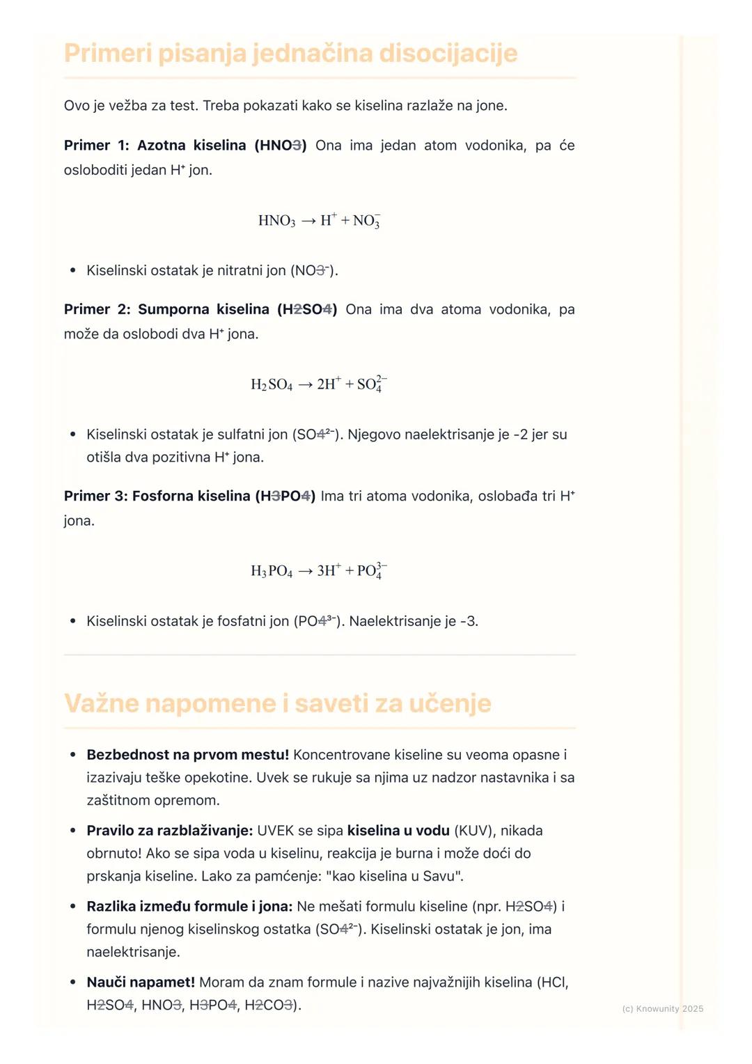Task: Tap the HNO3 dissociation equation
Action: coord(319,221)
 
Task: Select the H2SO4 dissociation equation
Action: coord(319,384)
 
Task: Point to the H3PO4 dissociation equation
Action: coord(319,570)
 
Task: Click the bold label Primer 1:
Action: coord(96,146)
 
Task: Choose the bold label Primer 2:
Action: coord(97,309)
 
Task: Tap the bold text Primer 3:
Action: coord(95,496)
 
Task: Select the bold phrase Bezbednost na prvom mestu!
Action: coord(187,755)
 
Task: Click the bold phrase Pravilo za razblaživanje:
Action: coord(169,831)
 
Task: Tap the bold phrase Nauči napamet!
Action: coord(141,983)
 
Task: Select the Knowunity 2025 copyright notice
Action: coord(662,1008)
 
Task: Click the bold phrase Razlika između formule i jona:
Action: coord(189,907)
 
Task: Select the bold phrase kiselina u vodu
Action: coord(398,831)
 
